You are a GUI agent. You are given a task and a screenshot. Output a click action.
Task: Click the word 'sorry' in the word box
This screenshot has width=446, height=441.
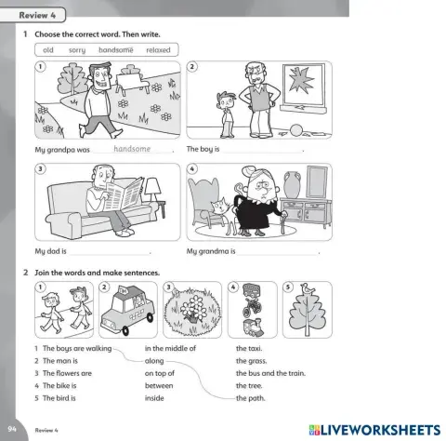[77, 49]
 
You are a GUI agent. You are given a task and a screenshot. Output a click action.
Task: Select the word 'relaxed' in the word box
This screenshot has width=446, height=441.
[158, 49]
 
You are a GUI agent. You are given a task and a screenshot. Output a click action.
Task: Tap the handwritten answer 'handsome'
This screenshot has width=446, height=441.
[131, 148]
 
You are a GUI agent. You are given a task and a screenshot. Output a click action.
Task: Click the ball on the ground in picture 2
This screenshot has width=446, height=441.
[295, 129]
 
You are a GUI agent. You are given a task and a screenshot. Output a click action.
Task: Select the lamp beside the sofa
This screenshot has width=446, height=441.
[152, 194]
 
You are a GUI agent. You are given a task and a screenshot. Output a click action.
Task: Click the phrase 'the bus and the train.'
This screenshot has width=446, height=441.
[270, 372]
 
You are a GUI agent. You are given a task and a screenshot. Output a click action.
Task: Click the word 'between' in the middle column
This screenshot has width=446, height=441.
[159, 385]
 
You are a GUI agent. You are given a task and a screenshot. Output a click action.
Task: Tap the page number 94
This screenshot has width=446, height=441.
[11, 428]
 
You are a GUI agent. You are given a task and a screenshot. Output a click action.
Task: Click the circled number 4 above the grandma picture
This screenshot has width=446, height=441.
[192, 169]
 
